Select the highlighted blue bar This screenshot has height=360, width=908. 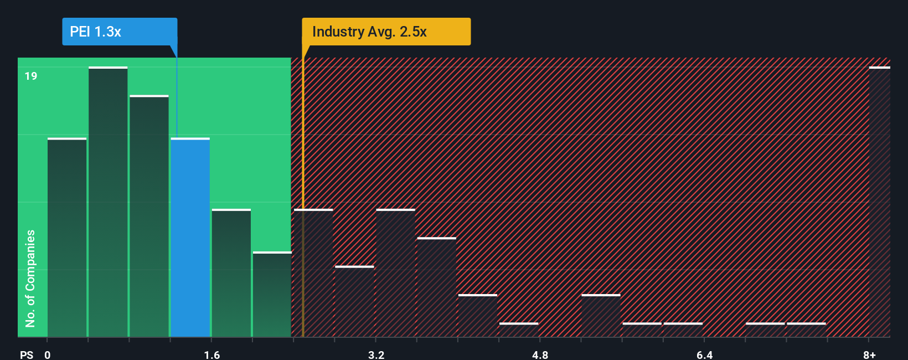point(190,238)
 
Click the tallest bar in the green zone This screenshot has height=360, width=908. point(108,202)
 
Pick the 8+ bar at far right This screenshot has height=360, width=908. point(879,202)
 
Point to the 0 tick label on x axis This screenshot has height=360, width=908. point(48,354)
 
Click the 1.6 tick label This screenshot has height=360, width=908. point(212,354)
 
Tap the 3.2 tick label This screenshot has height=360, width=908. point(376,354)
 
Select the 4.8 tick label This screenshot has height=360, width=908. point(540,354)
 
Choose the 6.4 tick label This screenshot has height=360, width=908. point(704,354)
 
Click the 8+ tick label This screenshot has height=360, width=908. point(869,354)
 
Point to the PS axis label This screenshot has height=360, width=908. point(27,354)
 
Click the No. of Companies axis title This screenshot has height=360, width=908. point(30,278)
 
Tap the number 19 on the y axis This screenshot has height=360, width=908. point(31,76)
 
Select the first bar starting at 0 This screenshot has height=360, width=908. point(67,238)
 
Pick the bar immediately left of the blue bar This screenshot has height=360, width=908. point(149,216)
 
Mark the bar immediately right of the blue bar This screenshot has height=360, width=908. point(231,273)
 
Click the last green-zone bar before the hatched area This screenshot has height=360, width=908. point(272,295)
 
